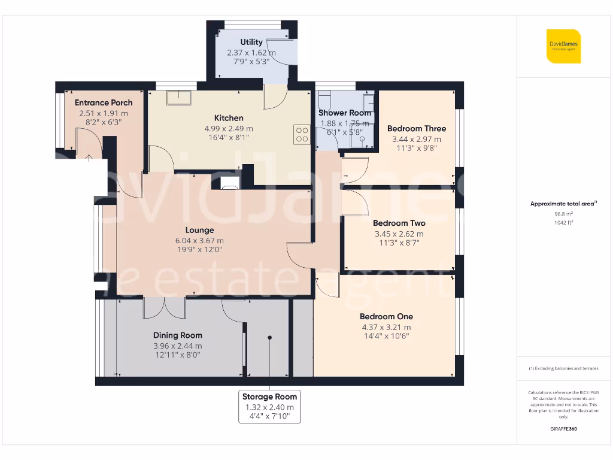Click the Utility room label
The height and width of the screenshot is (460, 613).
251,43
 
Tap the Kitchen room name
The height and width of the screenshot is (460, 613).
229,118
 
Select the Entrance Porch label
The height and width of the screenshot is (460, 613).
104,102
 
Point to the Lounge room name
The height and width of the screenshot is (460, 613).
200,230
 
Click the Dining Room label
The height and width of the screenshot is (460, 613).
177,335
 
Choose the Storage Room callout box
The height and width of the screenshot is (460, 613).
270,407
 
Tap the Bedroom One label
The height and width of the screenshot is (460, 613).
386,316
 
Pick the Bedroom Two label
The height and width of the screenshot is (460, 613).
399,223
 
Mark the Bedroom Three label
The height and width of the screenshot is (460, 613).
417,128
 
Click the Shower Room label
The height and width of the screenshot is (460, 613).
344,113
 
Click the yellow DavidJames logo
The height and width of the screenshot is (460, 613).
563,46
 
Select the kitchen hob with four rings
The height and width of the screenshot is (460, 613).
302,135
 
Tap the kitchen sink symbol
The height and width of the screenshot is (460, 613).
179,98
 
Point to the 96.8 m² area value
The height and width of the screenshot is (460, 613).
563,214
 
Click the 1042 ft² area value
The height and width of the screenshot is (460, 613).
563,223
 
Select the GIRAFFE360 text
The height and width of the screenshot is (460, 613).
563,429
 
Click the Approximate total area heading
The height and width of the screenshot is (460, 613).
563,204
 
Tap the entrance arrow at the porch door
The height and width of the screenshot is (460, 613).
89,158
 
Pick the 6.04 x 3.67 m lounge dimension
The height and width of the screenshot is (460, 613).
200,241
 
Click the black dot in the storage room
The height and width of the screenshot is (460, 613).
270,338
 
